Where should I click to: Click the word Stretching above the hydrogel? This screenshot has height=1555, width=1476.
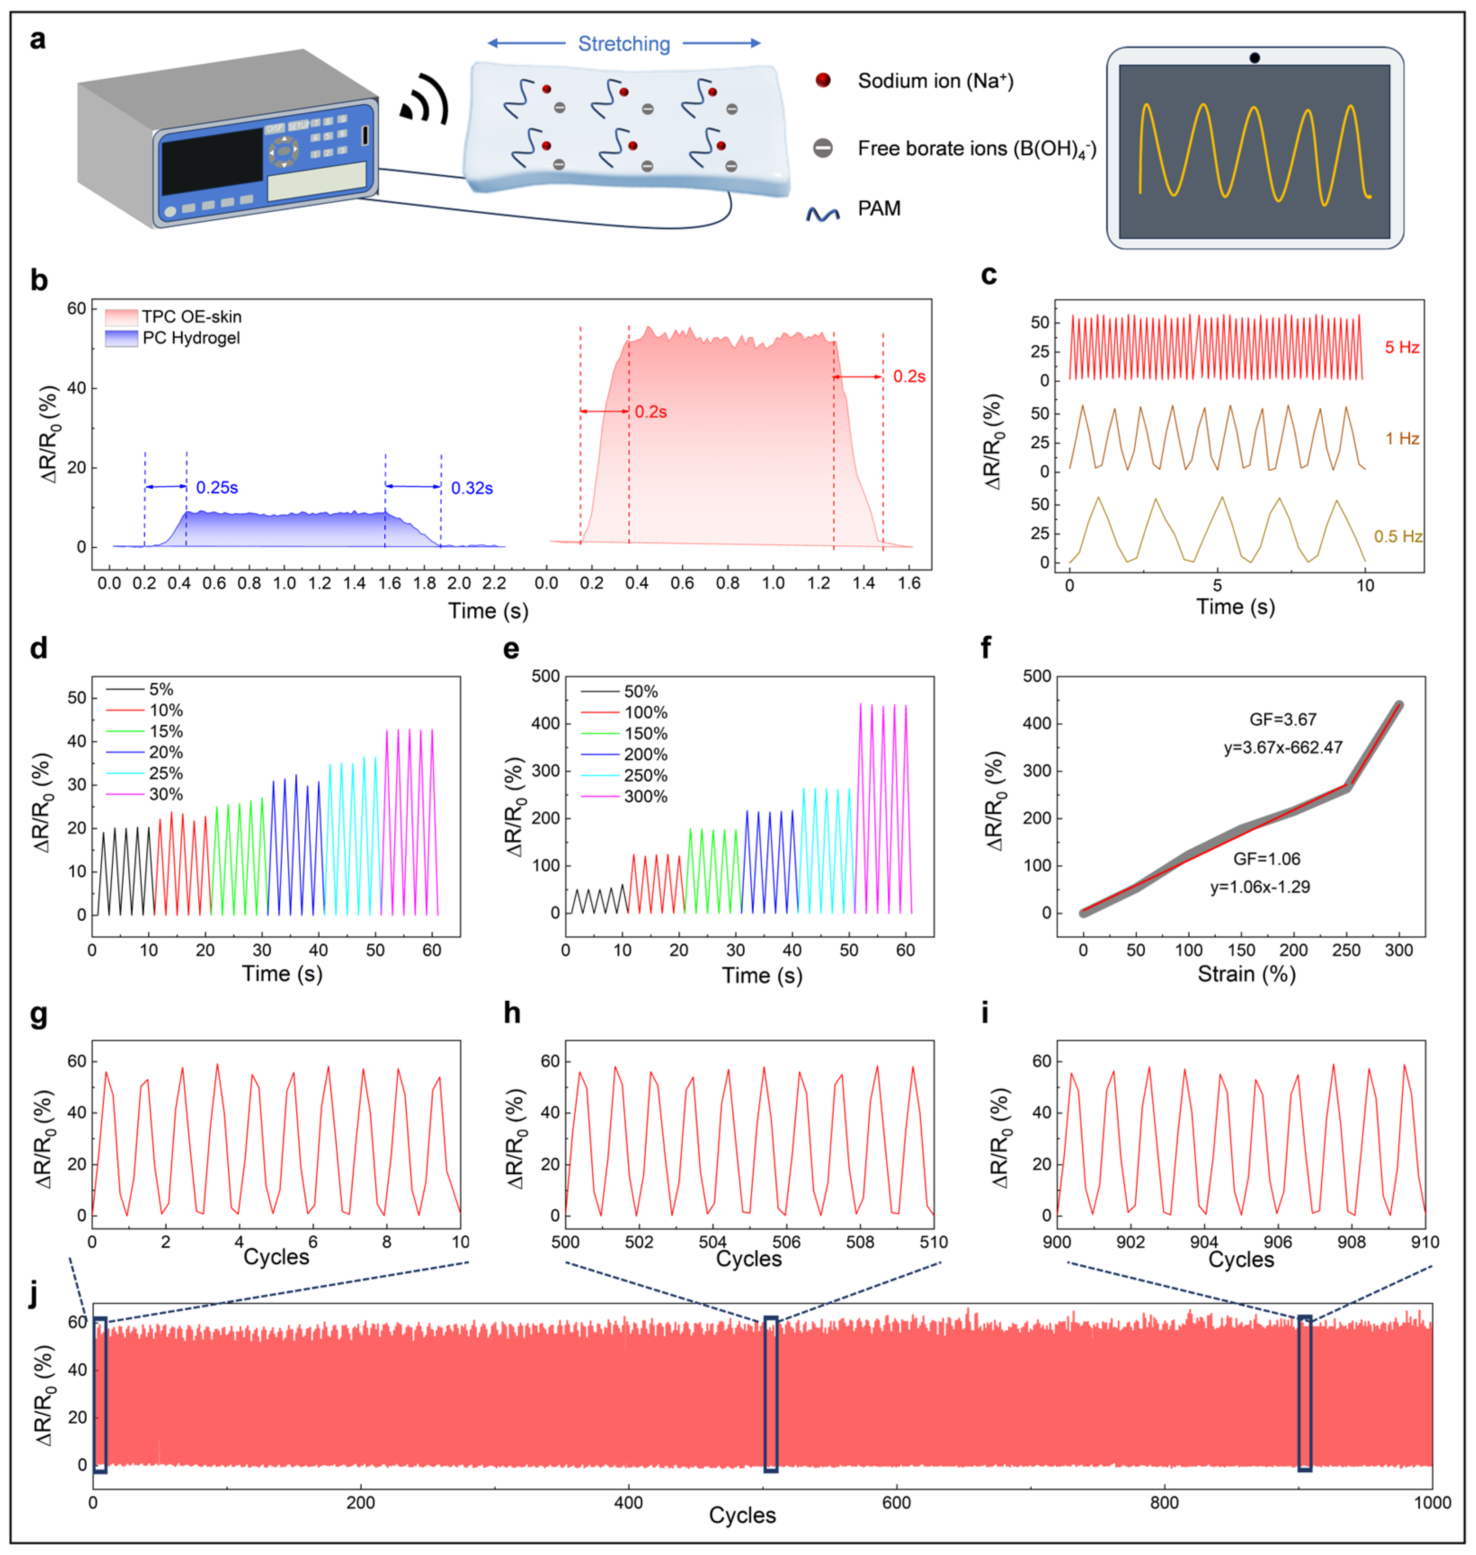click(x=624, y=44)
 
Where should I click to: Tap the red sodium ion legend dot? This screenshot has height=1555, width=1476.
click(x=823, y=80)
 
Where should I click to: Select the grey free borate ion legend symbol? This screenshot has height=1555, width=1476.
click(x=823, y=148)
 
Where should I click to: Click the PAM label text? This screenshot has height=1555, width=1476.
click(x=879, y=209)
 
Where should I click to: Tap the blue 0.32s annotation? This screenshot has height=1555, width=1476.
click(x=471, y=489)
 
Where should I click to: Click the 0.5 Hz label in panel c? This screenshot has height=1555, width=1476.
click(x=1397, y=537)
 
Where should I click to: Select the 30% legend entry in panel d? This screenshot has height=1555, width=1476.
click(x=166, y=794)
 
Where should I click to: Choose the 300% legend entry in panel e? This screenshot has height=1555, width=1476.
click(x=645, y=797)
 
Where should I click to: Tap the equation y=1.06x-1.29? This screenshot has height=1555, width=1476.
click(x=1260, y=887)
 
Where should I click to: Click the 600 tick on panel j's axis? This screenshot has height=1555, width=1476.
click(x=896, y=1502)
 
